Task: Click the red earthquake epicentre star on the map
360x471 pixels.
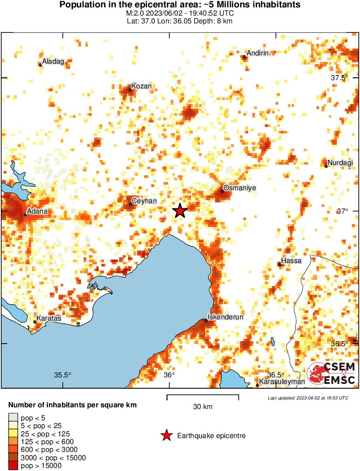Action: tap(180, 211)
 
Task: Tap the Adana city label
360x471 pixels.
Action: tap(38, 211)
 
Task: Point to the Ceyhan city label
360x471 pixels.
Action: tap(144, 201)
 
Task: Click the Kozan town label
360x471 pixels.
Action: tap(142, 86)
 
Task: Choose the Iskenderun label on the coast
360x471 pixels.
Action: tap(226, 317)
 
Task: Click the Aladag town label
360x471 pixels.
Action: tap(53, 62)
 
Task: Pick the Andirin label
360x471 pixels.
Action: tap(258, 53)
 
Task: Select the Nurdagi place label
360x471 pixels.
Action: tap(341, 163)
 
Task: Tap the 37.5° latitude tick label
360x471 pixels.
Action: tap(340, 78)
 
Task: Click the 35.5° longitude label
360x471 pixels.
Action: tap(62, 375)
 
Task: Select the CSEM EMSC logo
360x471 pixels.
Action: tap(331, 374)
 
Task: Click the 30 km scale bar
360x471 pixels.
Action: tap(203, 396)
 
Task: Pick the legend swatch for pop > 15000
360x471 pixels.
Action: tap(13, 466)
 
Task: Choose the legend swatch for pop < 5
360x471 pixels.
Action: tap(13, 418)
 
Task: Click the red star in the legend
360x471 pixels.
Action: tap(166, 435)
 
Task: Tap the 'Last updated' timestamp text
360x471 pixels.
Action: tap(308, 398)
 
